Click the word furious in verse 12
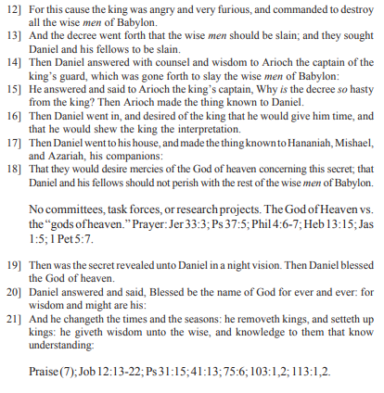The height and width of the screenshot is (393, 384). point(222,7)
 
